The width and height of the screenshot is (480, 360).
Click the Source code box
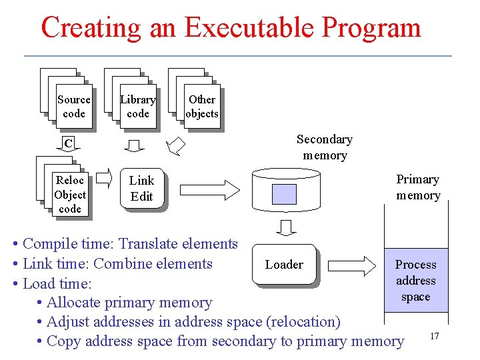coord(73,107)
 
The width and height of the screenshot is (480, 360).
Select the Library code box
coord(137,107)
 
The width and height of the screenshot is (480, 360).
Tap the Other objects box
coord(201,107)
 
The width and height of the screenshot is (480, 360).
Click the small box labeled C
coord(68,143)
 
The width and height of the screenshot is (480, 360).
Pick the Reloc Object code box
coord(69,195)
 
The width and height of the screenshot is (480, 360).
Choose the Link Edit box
coord(141,189)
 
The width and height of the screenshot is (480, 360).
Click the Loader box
coord(284,265)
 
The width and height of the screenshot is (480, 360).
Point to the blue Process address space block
coord(415,281)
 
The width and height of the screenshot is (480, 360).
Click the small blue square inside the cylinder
coord(285,193)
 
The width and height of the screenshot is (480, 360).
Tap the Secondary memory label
coord(324,147)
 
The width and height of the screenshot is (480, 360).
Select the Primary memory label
coord(418,187)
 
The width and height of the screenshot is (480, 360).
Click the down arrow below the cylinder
coord(285,228)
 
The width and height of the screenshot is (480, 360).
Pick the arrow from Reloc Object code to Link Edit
coord(105,179)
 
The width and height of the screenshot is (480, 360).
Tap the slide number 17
coord(434,336)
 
